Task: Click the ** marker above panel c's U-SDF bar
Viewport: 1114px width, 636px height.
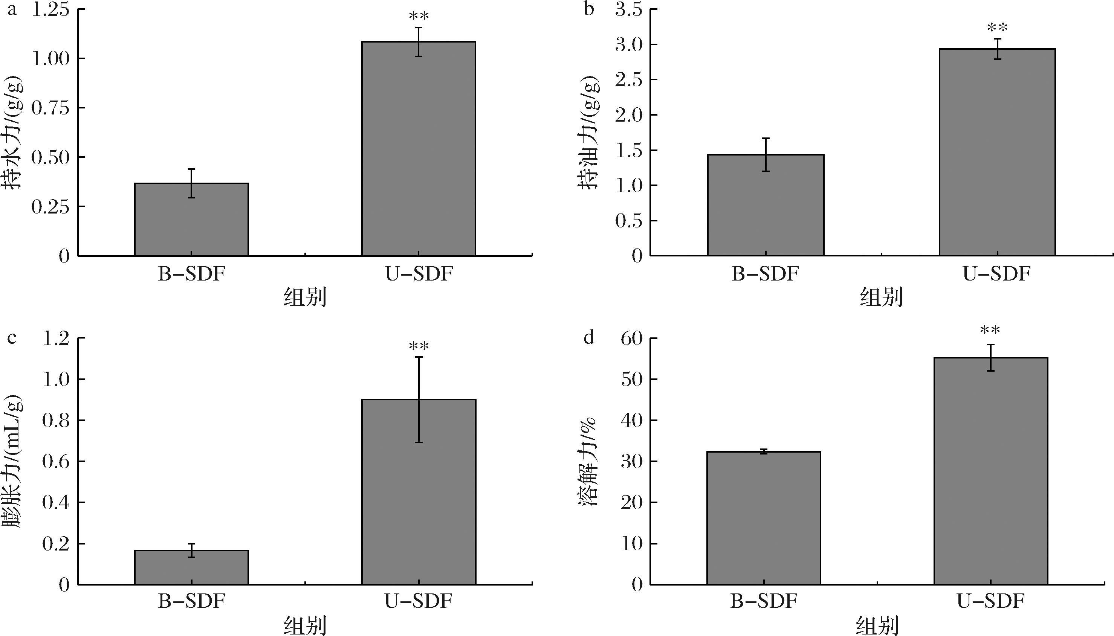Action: tap(419, 346)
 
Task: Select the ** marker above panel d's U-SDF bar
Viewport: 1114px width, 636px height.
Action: tap(990, 330)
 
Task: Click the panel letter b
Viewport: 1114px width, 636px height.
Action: tap(589, 9)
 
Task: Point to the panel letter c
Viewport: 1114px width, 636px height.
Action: tap(12, 338)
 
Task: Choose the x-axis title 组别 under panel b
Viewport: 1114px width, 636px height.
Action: tap(881, 298)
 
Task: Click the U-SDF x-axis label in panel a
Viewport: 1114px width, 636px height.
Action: tap(419, 274)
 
